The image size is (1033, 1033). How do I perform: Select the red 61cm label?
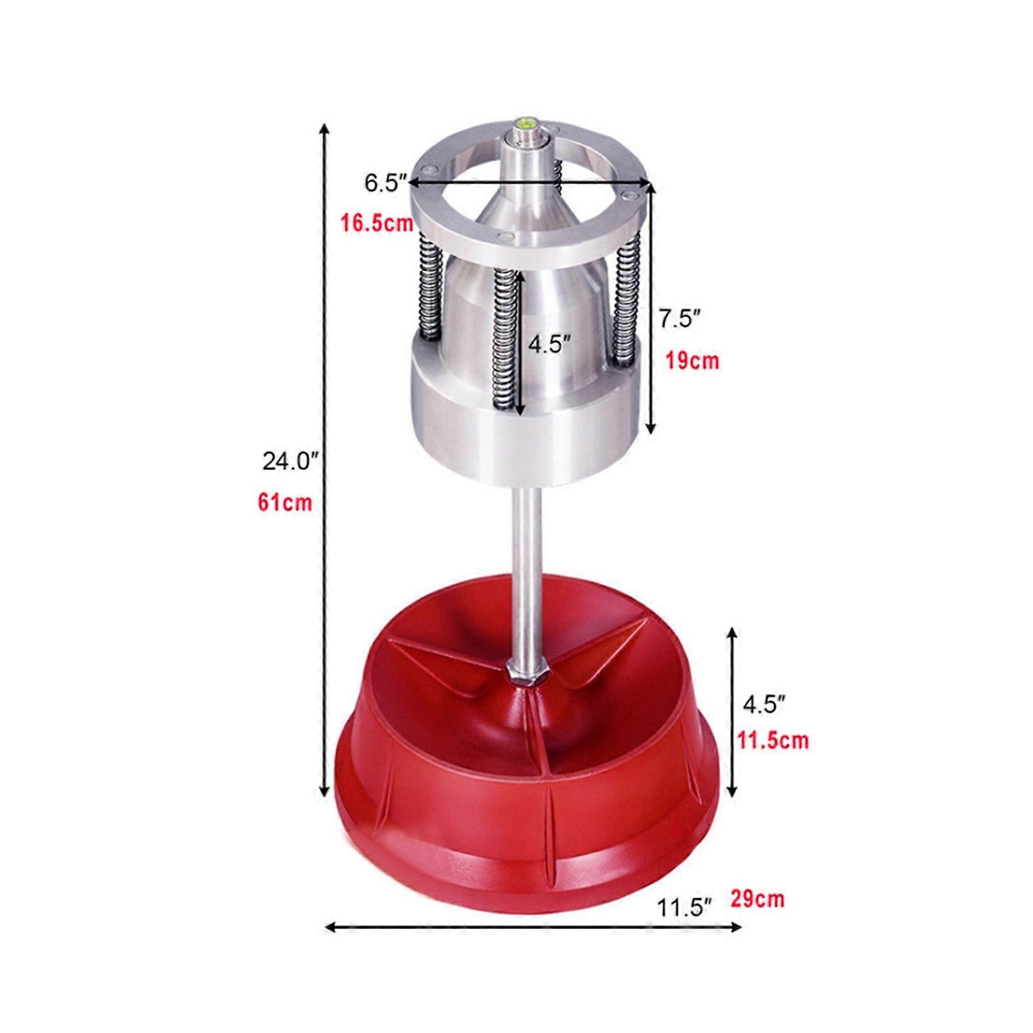point(285,502)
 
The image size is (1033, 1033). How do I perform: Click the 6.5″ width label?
point(384,183)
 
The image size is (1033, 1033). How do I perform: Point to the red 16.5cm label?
point(377,223)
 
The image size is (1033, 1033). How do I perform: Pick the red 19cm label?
point(692,360)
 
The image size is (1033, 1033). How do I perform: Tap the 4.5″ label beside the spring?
point(549,343)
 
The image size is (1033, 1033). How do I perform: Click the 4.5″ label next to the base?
point(764,704)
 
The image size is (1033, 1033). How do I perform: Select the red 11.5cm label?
point(773,740)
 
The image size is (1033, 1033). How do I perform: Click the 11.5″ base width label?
point(684,908)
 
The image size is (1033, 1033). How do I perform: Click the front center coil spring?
point(503,342)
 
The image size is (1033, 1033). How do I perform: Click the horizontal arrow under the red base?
point(533,928)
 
